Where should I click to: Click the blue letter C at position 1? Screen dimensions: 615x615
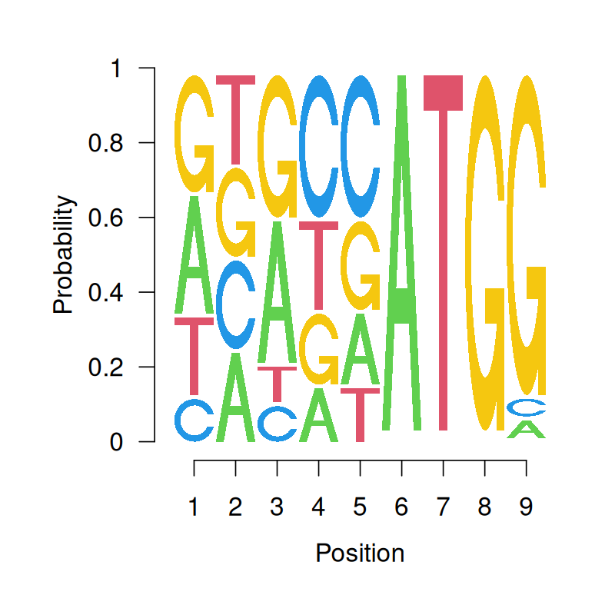click(194, 421)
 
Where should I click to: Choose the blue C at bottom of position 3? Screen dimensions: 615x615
click(277, 423)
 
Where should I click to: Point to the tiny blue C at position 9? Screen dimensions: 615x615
click(526, 407)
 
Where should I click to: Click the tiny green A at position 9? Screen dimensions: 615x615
click(526, 429)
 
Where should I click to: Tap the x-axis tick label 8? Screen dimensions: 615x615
click(484, 507)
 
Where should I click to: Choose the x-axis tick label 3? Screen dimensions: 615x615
click(277, 507)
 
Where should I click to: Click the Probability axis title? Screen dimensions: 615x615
click(65, 254)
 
